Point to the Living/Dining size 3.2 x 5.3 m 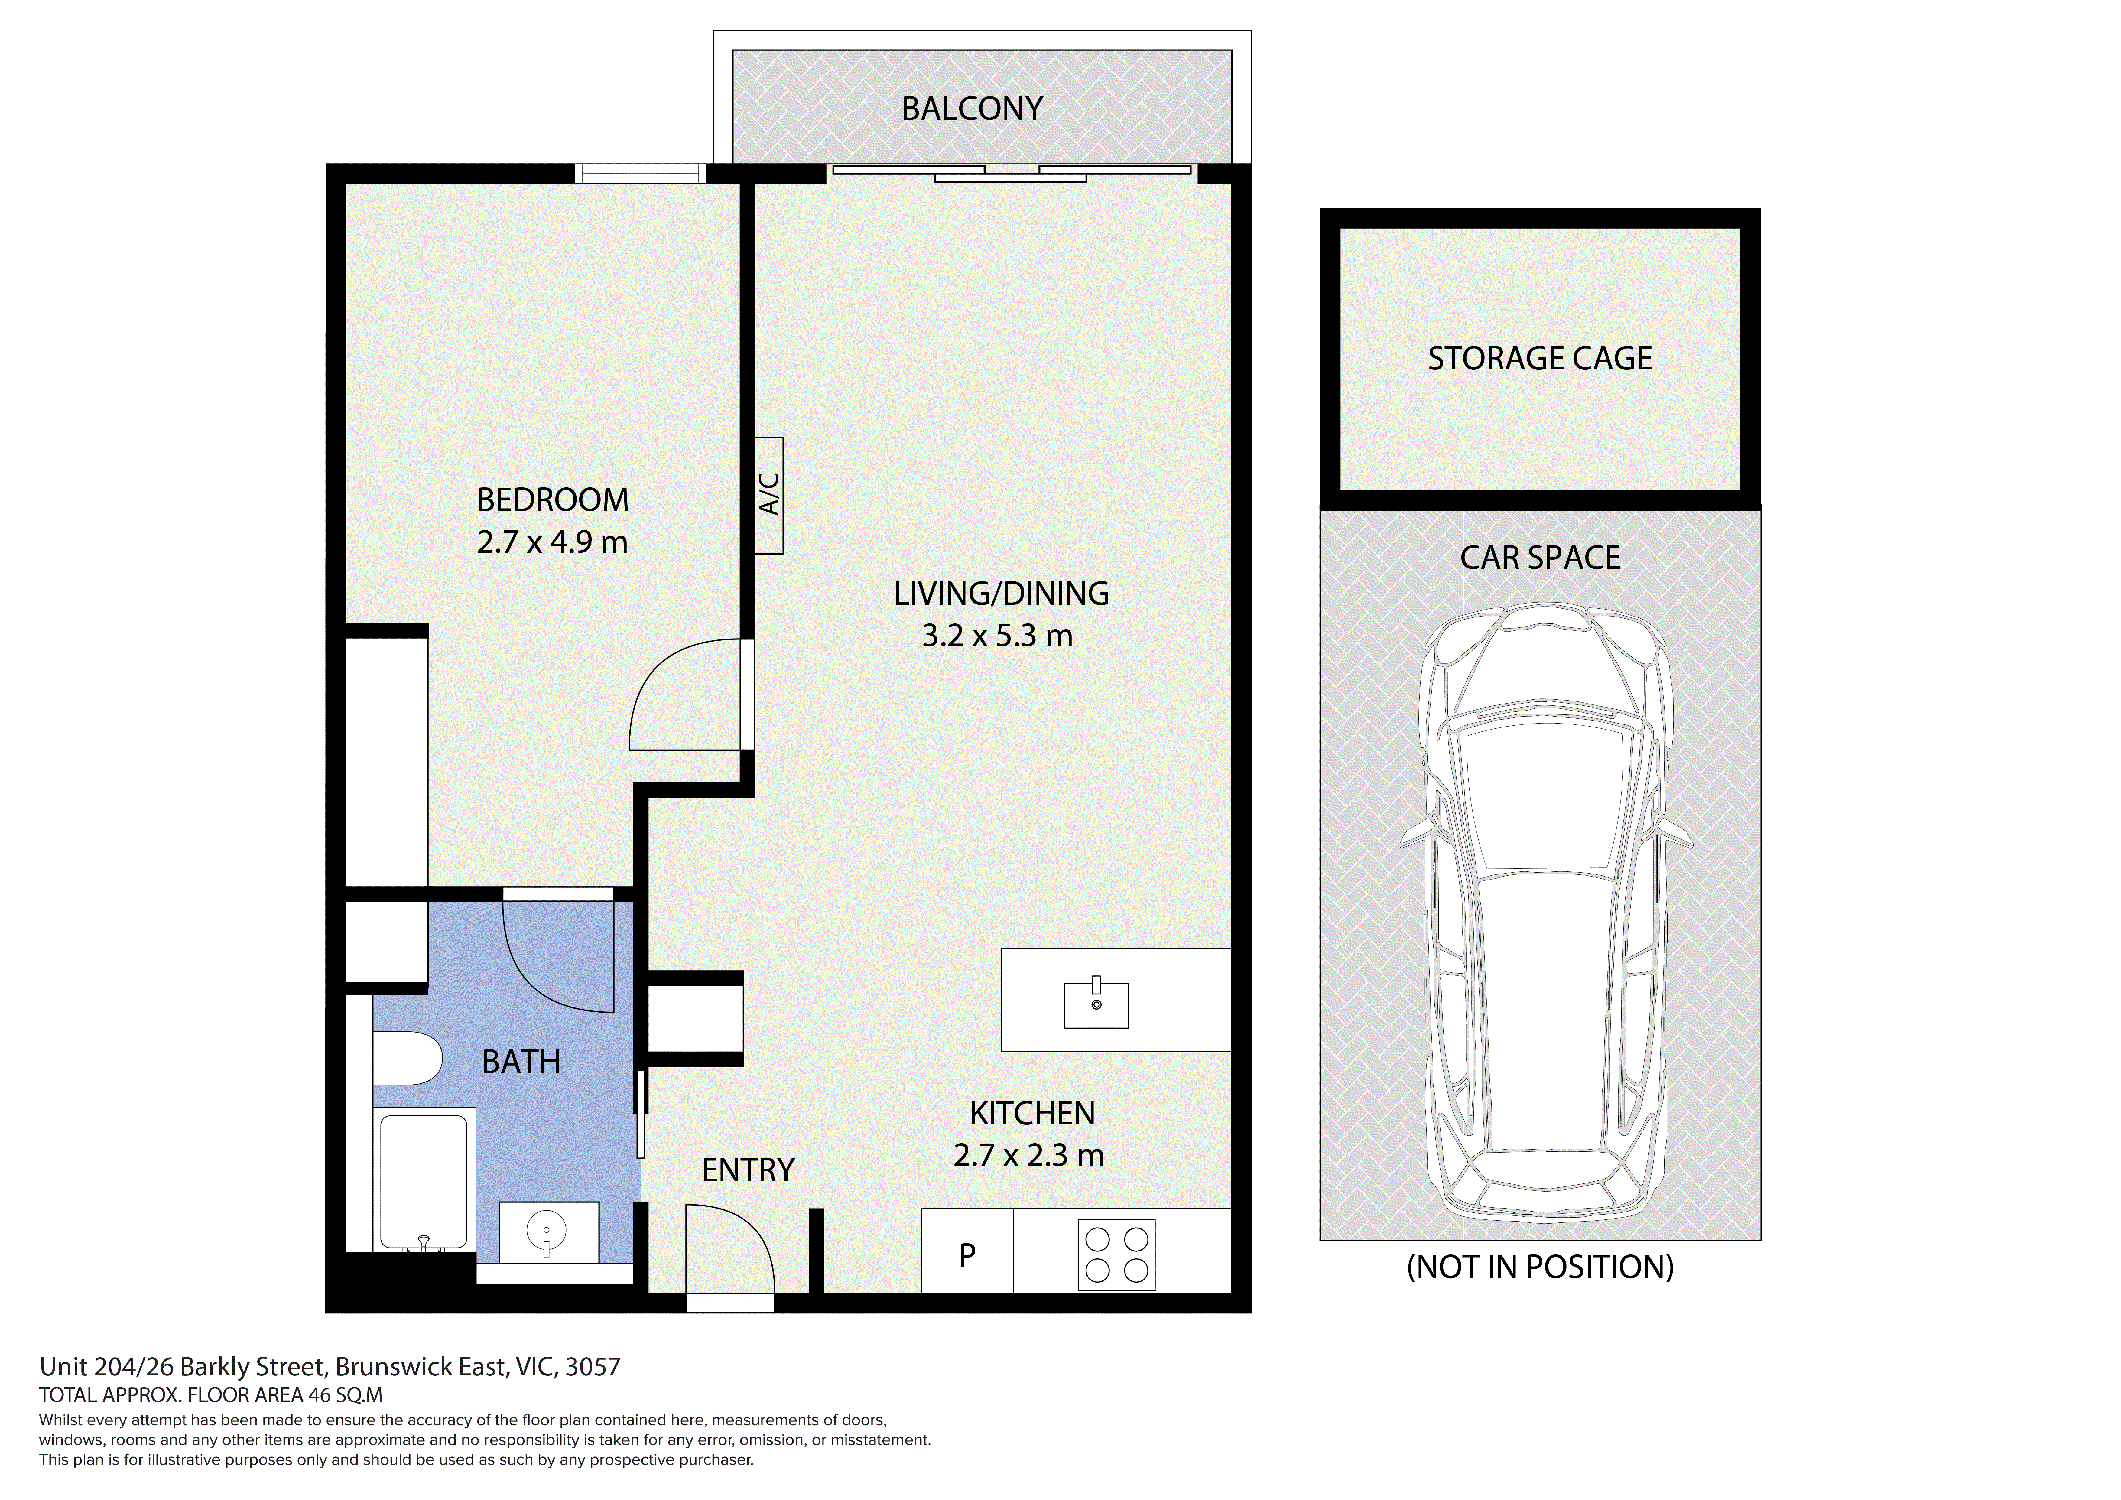998,636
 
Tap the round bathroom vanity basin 547,1231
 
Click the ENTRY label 748,1171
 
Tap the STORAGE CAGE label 1540,359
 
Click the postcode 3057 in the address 593,1367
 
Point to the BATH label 521,1062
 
